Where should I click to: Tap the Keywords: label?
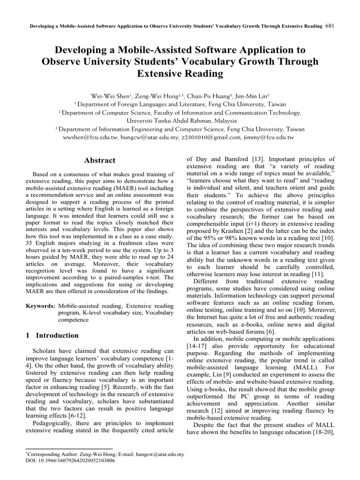[x=41, y=306]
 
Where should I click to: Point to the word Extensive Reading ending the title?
[x=180, y=74]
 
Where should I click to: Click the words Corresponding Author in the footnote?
[x=47, y=454]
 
